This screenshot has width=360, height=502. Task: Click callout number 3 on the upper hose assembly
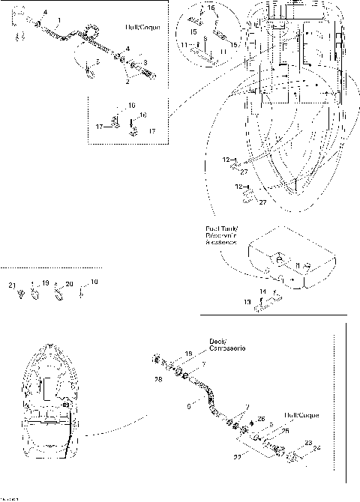click(145, 63)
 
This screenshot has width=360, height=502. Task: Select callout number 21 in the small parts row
click(11, 285)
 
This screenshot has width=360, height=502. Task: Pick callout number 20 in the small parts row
click(69, 285)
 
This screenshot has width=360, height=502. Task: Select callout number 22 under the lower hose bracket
click(238, 456)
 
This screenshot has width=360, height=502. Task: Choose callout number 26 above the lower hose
click(261, 418)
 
